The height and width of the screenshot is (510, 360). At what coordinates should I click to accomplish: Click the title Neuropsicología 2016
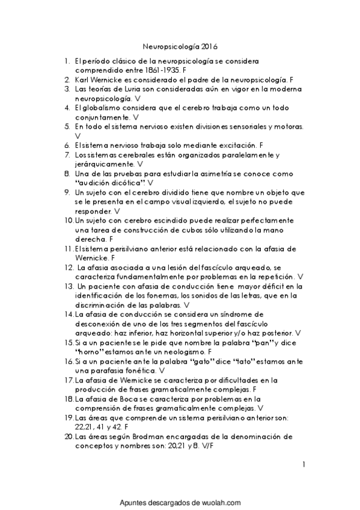(180, 45)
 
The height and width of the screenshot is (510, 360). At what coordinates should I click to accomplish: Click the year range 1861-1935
(160, 70)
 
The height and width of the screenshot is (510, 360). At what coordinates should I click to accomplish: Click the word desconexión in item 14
(99, 324)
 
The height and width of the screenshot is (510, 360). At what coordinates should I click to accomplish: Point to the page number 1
(305, 464)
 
